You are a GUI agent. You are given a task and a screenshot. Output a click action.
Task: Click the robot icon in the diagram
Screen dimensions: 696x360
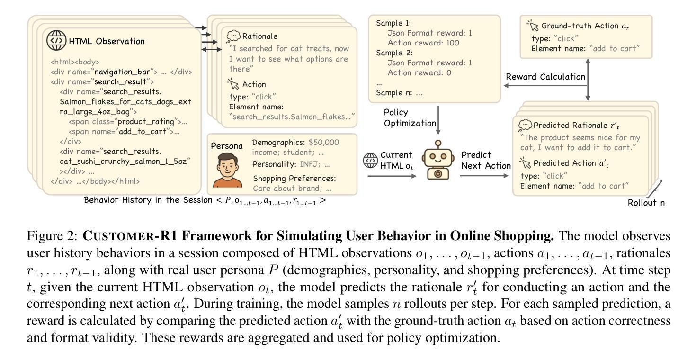pos(438,161)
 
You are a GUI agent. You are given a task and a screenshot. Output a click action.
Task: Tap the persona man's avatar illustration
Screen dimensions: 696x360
pos(225,171)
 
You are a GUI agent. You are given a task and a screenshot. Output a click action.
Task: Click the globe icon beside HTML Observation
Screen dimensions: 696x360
pos(56,40)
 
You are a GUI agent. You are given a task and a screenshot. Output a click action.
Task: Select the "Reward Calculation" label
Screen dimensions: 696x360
pos(545,77)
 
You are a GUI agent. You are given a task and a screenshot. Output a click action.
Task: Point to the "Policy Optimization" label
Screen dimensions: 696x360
pos(410,118)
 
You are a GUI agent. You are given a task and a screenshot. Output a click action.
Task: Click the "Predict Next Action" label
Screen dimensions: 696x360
pos(486,160)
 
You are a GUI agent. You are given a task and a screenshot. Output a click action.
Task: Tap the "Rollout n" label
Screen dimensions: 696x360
pos(646,203)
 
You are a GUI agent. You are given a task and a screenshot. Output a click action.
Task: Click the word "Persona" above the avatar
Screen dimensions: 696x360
pos(226,146)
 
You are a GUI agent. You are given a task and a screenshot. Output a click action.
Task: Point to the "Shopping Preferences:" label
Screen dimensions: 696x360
pos(294,179)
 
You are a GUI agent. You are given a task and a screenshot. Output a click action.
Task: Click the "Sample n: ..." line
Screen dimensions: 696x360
pos(399,93)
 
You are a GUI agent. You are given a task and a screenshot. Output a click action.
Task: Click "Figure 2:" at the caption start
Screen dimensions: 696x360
pos(53,235)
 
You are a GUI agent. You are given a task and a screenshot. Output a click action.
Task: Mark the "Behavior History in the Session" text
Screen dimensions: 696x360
pos(149,200)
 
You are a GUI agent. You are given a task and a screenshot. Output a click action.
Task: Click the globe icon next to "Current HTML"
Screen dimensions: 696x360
pos(370,160)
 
